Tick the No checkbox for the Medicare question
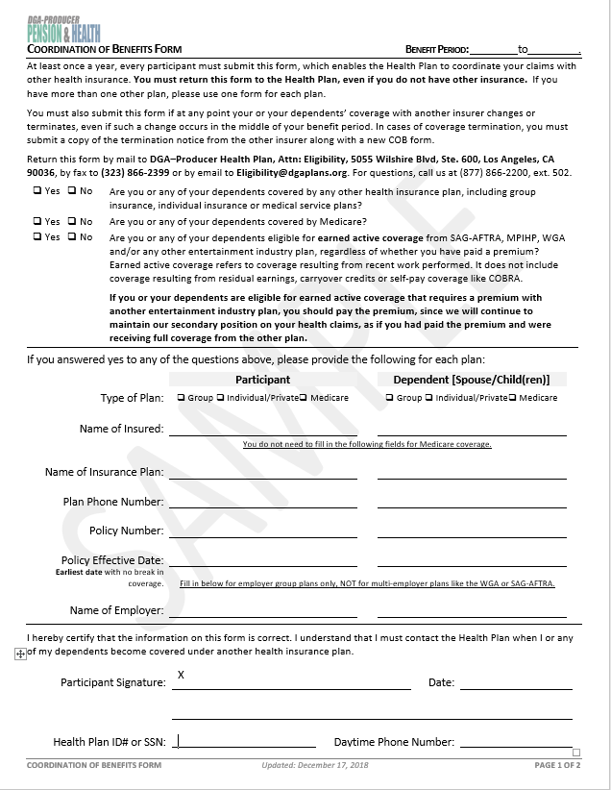(72, 221)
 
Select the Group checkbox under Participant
(182, 398)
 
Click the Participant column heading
(262, 380)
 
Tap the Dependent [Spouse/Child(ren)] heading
(471, 380)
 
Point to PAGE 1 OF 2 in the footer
(557, 766)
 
